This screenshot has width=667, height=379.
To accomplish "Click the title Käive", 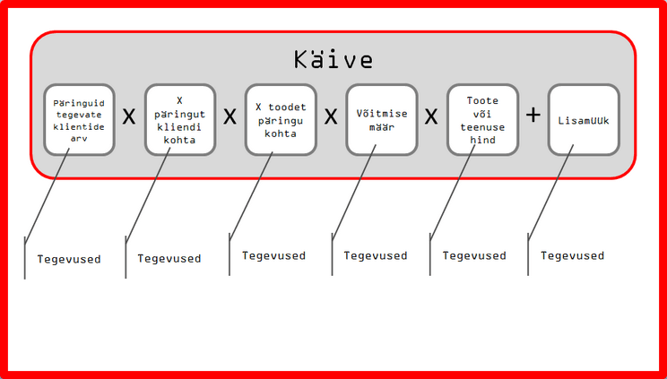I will [x=333, y=60].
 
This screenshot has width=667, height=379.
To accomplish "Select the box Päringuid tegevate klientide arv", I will [x=80, y=120].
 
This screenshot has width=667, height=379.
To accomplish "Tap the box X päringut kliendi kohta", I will [x=180, y=120].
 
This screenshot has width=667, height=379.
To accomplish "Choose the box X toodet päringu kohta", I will [x=282, y=120].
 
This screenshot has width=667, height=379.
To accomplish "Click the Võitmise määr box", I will [x=382, y=120].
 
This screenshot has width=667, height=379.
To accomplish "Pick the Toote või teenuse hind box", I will [x=482, y=120].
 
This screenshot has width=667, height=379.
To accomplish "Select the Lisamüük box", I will [x=584, y=120].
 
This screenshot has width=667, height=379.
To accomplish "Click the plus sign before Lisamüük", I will [x=533, y=116].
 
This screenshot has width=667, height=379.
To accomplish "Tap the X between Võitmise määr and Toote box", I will [x=431, y=117].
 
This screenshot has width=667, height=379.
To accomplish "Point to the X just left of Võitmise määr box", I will [x=331, y=117].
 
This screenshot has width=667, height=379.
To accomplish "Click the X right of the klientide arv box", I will [x=129, y=117].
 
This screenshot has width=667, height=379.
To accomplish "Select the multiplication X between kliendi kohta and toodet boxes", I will [x=230, y=117].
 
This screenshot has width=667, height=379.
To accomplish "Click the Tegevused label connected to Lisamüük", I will [x=573, y=255].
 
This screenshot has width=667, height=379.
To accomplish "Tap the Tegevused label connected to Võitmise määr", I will [x=376, y=255].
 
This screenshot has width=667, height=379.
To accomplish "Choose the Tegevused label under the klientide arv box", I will [x=69, y=259].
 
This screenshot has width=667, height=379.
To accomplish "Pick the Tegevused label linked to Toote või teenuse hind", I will [x=474, y=255].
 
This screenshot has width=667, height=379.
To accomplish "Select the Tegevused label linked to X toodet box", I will [x=274, y=255].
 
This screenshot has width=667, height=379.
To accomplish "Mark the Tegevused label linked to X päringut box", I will [x=169, y=258].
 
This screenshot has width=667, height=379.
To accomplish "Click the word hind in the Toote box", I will [x=482, y=140].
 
